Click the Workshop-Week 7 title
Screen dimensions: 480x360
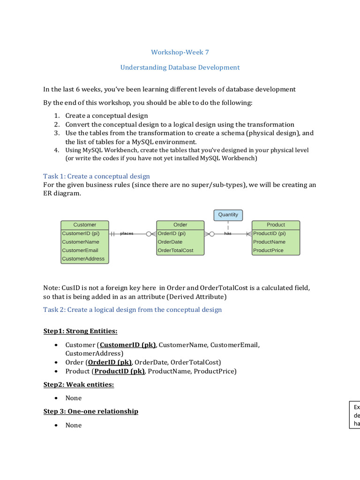180,52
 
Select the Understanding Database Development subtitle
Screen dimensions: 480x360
180,67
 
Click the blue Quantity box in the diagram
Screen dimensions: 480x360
228,215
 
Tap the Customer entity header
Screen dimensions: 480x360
85,225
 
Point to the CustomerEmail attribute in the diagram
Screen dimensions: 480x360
80,250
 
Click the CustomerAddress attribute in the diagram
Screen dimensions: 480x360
83,259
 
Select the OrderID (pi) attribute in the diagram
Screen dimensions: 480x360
172,233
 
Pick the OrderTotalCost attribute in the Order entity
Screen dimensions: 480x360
176,250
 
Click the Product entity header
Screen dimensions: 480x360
276,225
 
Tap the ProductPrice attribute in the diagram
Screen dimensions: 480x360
268,250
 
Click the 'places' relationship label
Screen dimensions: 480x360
127,233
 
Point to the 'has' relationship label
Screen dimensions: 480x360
228,233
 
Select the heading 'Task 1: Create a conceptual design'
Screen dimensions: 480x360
97,176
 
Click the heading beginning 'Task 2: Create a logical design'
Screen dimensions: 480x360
133,310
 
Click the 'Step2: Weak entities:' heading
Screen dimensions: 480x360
79,385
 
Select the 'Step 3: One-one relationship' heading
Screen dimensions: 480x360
91,412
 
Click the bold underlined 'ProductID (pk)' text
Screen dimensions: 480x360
119,371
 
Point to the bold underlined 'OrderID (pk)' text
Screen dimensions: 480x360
110,362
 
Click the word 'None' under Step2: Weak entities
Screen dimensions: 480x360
74,398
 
